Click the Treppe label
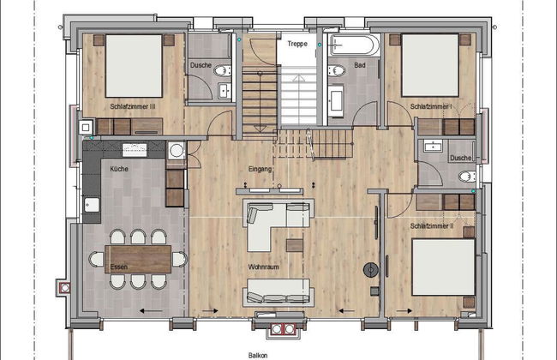coord(297,44)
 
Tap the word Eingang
coord(260,169)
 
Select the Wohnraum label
coord(263,267)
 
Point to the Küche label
coord(119,169)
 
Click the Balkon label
coord(258,356)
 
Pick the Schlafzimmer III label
coord(133,106)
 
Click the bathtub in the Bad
coord(354,45)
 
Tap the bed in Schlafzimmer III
coord(134,66)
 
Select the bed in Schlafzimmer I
coord(430,65)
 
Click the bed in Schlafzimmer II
coord(443,267)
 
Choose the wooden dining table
coord(138,259)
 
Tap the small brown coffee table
coord(295,245)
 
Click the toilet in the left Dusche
coord(222,70)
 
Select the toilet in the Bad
coord(336,70)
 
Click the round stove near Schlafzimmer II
coord(371,270)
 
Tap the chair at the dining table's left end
coord(96,259)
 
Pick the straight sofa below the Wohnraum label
coord(278,292)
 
